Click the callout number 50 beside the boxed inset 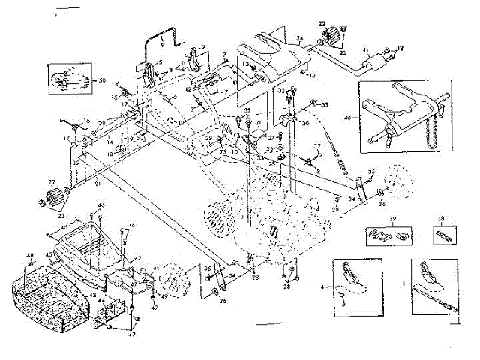click(102, 79)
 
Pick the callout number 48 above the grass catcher click(31, 256)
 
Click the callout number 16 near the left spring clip click(86, 121)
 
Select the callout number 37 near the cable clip click(317, 145)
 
